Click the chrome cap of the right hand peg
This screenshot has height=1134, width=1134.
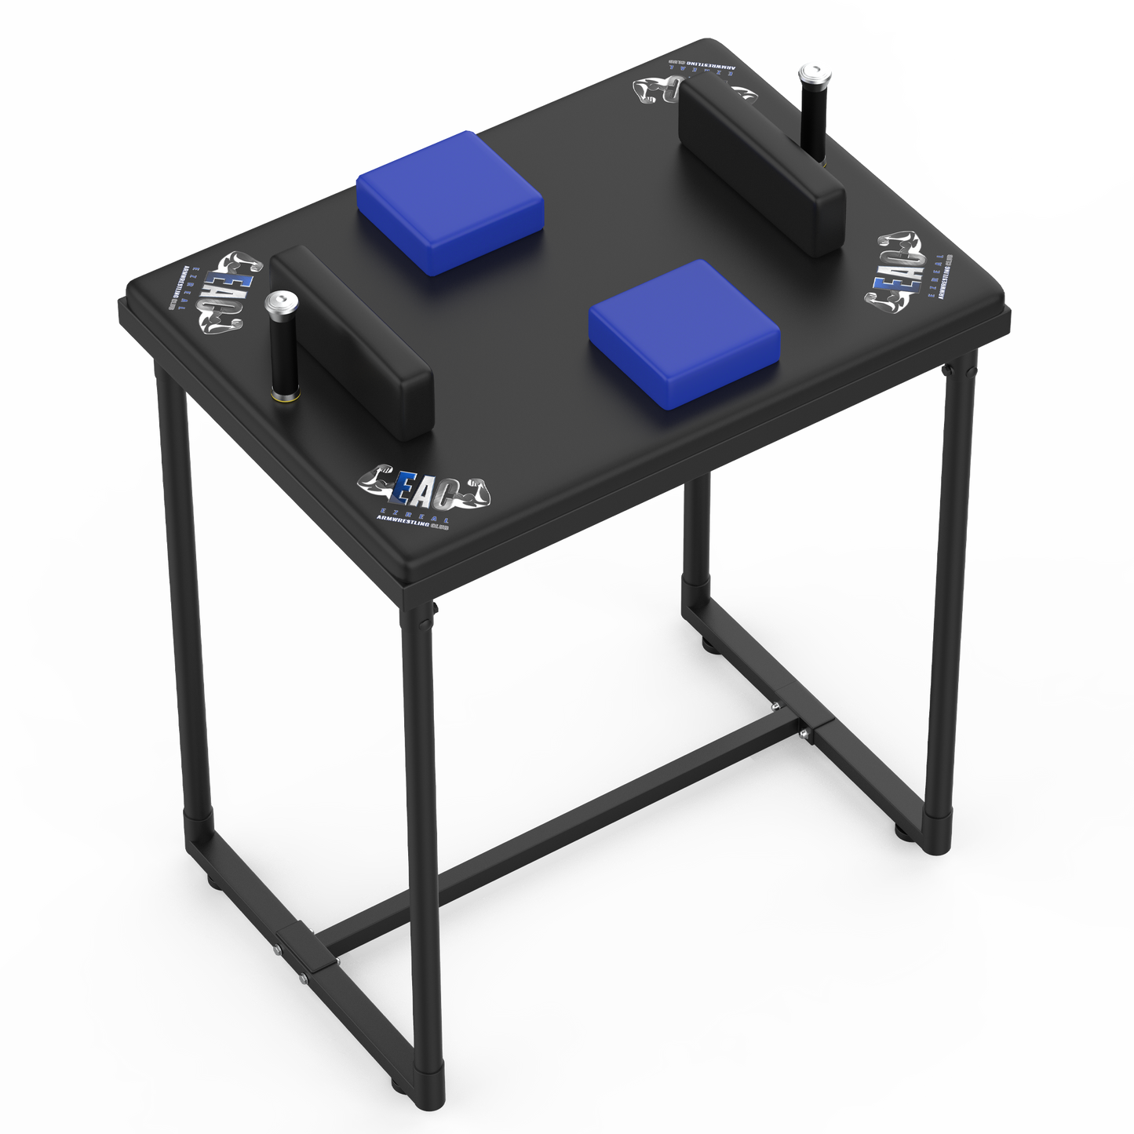click(x=810, y=77)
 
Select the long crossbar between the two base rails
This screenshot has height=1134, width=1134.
click(x=549, y=840)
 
